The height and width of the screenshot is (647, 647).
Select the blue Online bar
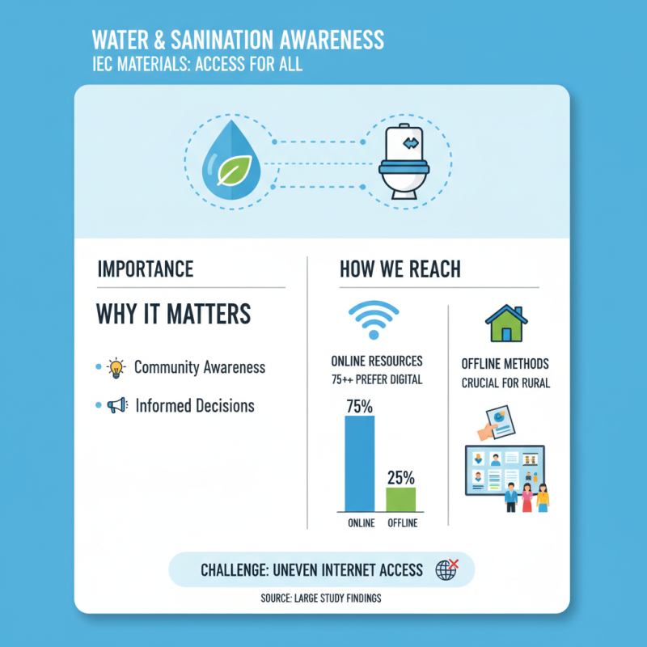click(x=360, y=463)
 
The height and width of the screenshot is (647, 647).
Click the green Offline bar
click(x=401, y=499)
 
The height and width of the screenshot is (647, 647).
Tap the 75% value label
click(x=360, y=406)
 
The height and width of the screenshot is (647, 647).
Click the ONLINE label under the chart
click(x=361, y=523)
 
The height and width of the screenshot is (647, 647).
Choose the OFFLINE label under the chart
click(x=402, y=523)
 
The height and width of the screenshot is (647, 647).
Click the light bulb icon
click(x=116, y=368)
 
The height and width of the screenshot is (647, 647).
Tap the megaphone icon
click(x=116, y=406)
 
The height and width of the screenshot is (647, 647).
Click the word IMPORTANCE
click(x=146, y=269)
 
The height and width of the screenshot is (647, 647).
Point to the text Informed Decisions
click(x=195, y=406)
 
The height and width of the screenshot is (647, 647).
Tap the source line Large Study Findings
click(x=322, y=599)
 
